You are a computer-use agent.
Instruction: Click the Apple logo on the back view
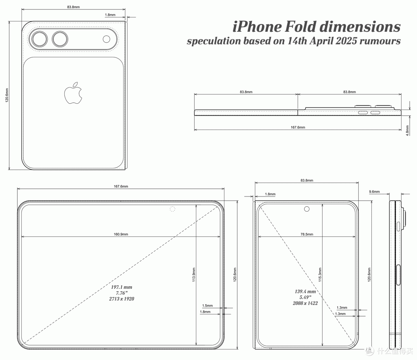73,93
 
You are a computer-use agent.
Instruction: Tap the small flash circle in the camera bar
106,39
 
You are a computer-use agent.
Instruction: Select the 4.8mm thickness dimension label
407,131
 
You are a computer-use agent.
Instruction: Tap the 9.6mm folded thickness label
375,192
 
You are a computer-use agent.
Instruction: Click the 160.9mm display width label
121,234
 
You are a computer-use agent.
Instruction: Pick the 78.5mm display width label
307,234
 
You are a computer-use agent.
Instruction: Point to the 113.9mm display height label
194,275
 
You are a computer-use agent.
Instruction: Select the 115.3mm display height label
320,275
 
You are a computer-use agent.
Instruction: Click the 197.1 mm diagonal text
121,287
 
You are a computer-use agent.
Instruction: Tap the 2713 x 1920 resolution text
121,299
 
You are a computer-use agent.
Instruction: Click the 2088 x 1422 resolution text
305,303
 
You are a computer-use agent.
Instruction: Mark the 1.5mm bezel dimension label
207,305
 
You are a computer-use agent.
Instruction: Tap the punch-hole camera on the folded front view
307,209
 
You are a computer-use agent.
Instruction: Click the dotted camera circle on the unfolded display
173,209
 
